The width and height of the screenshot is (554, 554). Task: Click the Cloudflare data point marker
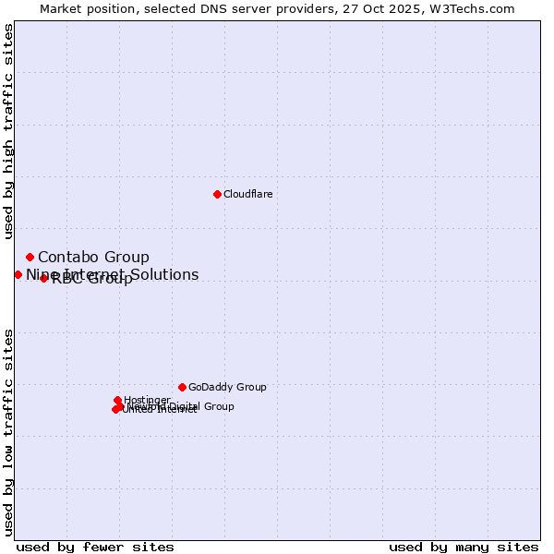[217, 194]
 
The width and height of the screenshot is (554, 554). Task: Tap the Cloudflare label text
[247, 194]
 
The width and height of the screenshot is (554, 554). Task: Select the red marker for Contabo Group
[30, 257]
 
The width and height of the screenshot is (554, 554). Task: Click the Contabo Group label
[93, 257]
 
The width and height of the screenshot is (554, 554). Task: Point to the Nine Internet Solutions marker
[18, 274]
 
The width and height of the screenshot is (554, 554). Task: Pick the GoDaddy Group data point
[182, 387]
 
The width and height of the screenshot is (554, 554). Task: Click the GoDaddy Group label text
[227, 387]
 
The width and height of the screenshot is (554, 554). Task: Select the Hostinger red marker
[117, 400]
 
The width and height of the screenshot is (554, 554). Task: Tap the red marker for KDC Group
[43, 278]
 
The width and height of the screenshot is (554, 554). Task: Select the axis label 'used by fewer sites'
[95, 547]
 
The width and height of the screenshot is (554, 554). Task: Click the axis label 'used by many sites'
[464, 547]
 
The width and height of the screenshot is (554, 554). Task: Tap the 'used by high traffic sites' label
[8, 126]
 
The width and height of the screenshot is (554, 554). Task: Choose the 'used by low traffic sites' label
[8, 432]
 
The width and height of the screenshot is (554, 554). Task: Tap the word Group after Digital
[218, 406]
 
